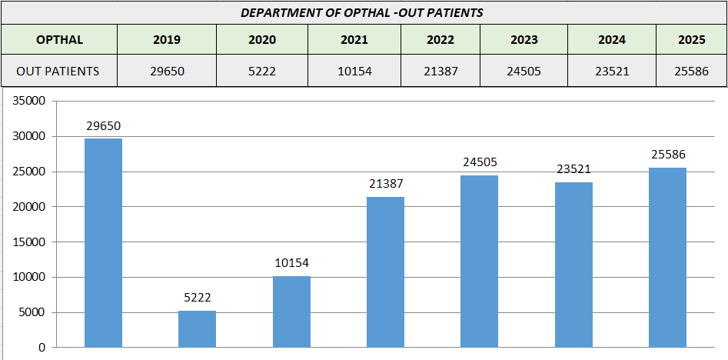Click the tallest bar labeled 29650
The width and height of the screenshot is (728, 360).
coord(103,242)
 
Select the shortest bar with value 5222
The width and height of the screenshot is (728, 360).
coord(197,328)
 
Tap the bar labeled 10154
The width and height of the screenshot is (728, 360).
coord(291,312)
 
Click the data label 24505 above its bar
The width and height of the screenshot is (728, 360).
coord(480,162)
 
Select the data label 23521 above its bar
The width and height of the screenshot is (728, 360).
coord(573,169)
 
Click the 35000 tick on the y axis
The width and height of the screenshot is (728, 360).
coord(30,101)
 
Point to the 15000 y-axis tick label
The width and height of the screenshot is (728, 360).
coord(30,242)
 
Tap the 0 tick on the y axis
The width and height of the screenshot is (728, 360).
coord(42,348)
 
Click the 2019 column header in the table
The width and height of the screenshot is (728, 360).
coord(167,40)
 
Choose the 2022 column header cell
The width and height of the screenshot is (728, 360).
coord(440,40)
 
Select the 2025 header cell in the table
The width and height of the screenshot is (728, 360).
coord(691,40)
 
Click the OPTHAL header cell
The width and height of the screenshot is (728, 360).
coord(59,40)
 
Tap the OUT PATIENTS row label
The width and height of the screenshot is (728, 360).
coord(59,72)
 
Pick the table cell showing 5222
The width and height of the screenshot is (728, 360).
coord(262,72)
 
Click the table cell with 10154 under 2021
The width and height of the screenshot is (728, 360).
coord(354,72)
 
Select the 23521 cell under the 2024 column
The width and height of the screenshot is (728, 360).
coord(611,72)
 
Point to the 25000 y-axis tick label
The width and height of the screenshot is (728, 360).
coord(30,172)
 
